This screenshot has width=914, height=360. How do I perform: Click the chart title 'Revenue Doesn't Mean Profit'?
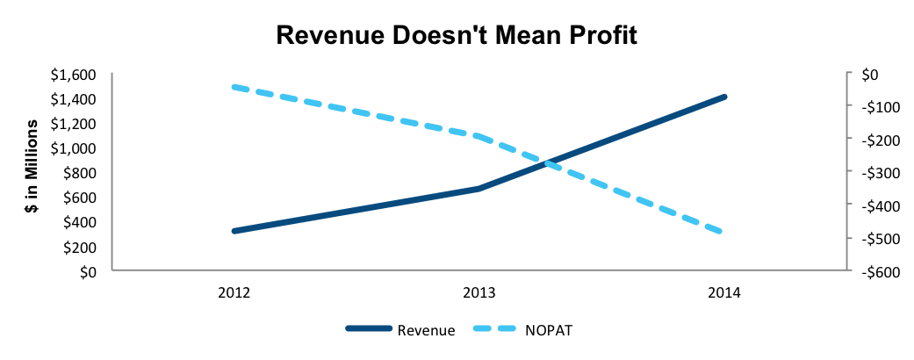tap(457, 35)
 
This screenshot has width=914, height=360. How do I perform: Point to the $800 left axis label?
tap(83, 173)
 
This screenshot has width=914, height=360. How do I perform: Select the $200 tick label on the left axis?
tap(83, 247)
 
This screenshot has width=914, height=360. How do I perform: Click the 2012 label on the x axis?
tap(234, 293)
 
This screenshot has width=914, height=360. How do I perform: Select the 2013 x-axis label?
tap(479, 293)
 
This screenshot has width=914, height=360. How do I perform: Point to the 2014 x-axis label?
tap(723, 293)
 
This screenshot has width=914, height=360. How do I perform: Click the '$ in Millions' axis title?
tap(32, 167)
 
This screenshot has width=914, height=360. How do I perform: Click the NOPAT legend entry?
tap(521, 330)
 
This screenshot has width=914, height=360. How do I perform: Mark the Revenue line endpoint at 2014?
tap(724, 97)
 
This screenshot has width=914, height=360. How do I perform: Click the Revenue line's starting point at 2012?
tap(234, 231)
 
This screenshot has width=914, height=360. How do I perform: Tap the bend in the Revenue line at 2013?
tap(479, 189)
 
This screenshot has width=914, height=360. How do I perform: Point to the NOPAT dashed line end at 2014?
tap(723, 232)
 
